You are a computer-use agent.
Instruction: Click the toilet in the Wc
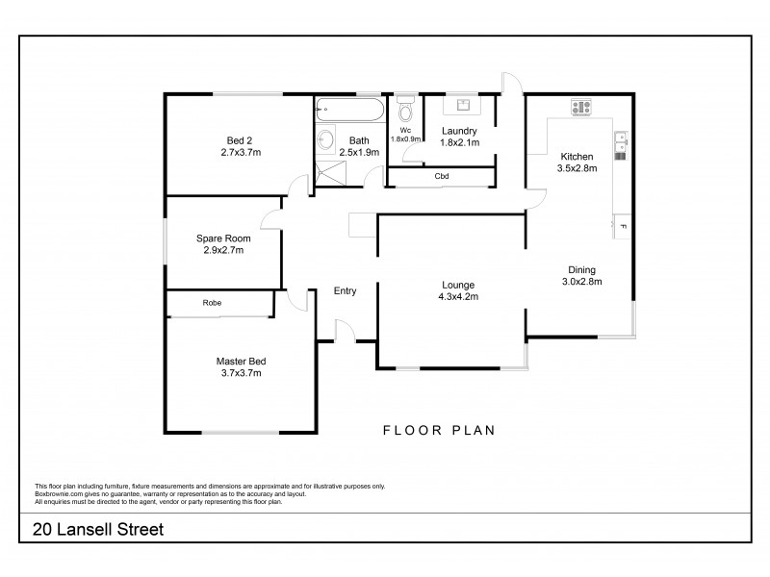pos(405,107)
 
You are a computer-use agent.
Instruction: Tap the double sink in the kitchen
pos(621,144)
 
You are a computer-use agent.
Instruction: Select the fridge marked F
pos(623,226)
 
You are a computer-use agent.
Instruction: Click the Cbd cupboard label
pos(442,177)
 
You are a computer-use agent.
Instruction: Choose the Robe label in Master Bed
pos(212,303)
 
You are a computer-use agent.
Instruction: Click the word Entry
pos(345,290)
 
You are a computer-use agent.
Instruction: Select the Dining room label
pos(580,270)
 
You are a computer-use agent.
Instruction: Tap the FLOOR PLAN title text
pos(438,431)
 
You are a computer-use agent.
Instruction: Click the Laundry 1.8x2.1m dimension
pos(459,142)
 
